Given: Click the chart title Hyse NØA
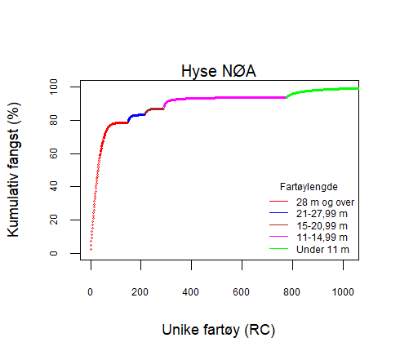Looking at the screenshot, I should click(x=220, y=72).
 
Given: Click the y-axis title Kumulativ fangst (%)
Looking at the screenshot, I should click(x=15, y=170).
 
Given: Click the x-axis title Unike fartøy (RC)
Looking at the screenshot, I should click(x=219, y=330).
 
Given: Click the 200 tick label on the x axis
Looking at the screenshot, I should click(x=140, y=292).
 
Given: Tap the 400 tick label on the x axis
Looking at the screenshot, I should click(x=191, y=292).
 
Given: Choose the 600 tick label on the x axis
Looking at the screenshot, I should click(x=241, y=292).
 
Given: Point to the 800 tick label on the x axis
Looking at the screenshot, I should click(x=291, y=292).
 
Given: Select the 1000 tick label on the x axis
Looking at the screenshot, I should click(x=341, y=292).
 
